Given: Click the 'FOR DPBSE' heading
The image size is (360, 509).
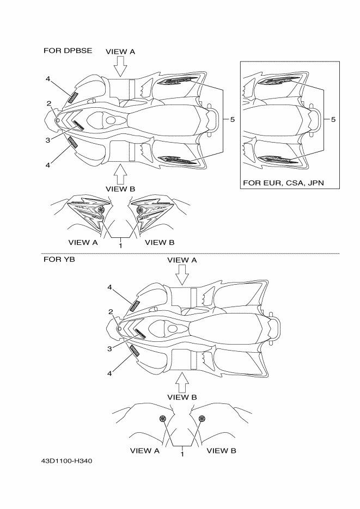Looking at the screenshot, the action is [x=68, y=51].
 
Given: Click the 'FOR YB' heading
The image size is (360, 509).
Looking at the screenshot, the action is [x=59, y=259].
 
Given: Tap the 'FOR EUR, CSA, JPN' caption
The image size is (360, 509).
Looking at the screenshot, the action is [x=283, y=182].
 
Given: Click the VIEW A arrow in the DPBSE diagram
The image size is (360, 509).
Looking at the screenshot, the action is [x=120, y=66].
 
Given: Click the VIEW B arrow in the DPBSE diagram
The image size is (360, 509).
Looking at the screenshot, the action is [x=120, y=174].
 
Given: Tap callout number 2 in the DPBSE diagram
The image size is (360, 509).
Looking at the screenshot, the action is [x=48, y=103].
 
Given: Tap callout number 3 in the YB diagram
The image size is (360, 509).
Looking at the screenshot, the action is [x=109, y=348].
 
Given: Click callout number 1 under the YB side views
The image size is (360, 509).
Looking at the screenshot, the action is [x=182, y=453].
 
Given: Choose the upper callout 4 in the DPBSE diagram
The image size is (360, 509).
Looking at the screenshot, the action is [x=48, y=79].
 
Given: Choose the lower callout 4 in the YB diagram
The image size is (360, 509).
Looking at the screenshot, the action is [x=109, y=373].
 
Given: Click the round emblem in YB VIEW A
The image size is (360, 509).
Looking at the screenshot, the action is [x=162, y=418].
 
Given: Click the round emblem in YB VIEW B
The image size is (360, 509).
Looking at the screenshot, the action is [x=202, y=418].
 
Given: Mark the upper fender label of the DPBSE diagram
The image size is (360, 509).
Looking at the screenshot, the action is [x=73, y=97].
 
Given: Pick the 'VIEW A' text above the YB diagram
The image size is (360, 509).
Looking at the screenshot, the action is [x=182, y=260].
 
